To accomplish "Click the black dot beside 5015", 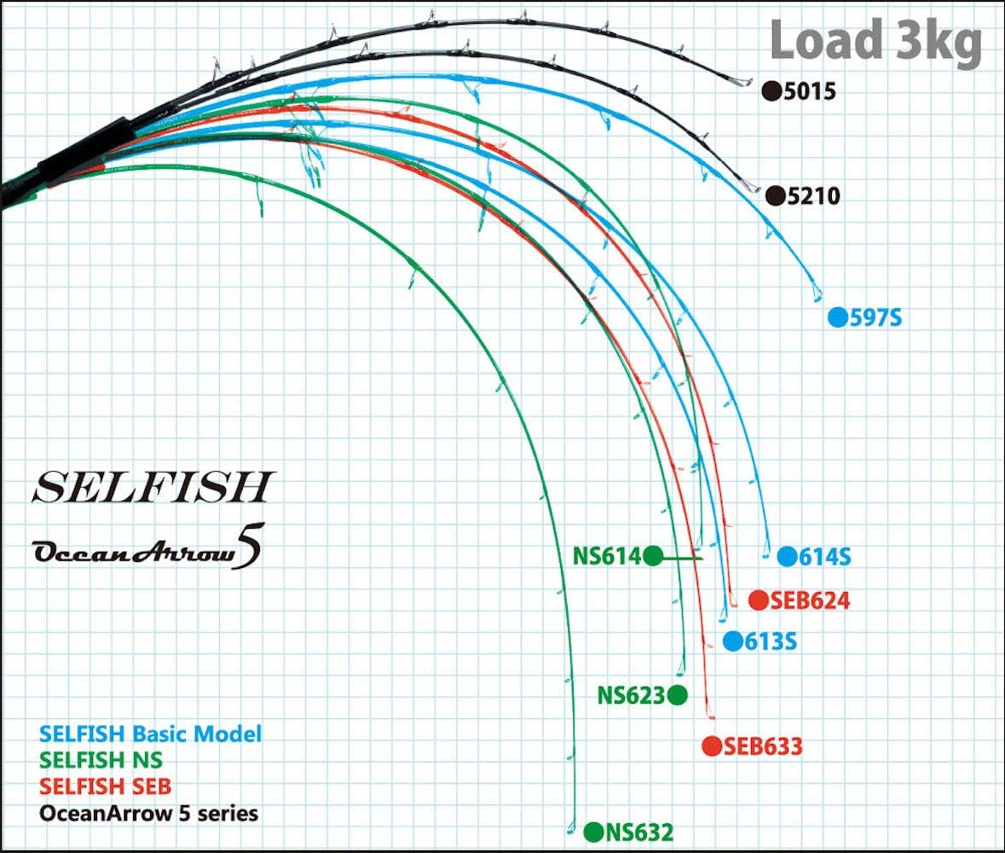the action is coord(771,91).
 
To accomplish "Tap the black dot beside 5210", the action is coord(776,195).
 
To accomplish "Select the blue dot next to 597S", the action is coord(838,316).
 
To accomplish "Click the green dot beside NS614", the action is coord(652,556).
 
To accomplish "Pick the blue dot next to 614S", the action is coord(787,557).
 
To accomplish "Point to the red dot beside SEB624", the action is coord(759,601).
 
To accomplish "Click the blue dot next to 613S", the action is coord(732,641).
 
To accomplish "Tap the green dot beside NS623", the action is coord(678,694).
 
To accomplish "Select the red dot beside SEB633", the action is coord(712,746).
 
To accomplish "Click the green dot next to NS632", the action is coord(593,833).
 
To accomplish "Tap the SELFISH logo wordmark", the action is coord(153,487).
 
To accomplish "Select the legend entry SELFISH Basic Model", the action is coord(151,734).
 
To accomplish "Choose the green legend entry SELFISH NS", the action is coord(101,760).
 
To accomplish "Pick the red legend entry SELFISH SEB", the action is coord(105,786).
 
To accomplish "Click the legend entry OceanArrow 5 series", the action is coord(148,813).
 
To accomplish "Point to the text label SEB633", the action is coord(763,746).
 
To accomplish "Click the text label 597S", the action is coord(875,316).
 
